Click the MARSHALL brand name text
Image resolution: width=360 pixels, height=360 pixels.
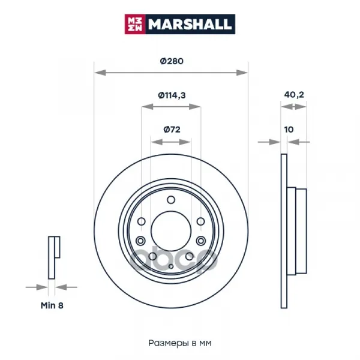point(190,24)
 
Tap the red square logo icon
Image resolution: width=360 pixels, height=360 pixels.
point(135,24)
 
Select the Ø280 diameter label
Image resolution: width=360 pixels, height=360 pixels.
point(172,61)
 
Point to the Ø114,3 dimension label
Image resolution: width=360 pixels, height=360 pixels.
point(172,95)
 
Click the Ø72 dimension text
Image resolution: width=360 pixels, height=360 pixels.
point(172,130)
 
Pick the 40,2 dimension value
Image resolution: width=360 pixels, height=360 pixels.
point(294,95)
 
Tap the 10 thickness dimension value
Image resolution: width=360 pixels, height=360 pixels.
point(289,130)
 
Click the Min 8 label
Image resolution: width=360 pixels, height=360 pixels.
point(52,305)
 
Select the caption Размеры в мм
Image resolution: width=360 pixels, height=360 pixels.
point(180,343)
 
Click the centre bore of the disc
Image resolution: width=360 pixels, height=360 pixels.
point(171,231)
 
